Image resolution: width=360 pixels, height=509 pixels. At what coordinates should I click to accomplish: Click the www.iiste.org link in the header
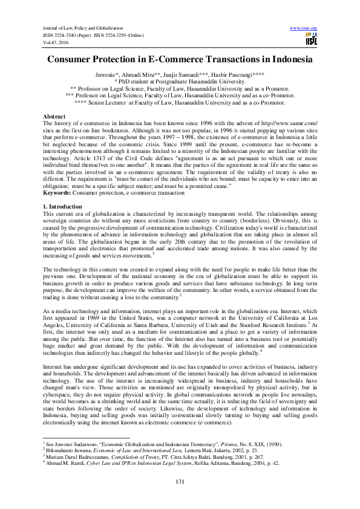tap(304, 28)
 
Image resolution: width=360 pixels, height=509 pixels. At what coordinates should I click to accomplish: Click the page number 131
tap(180, 481)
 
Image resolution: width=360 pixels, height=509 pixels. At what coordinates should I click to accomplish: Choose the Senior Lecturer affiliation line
tap(180, 103)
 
